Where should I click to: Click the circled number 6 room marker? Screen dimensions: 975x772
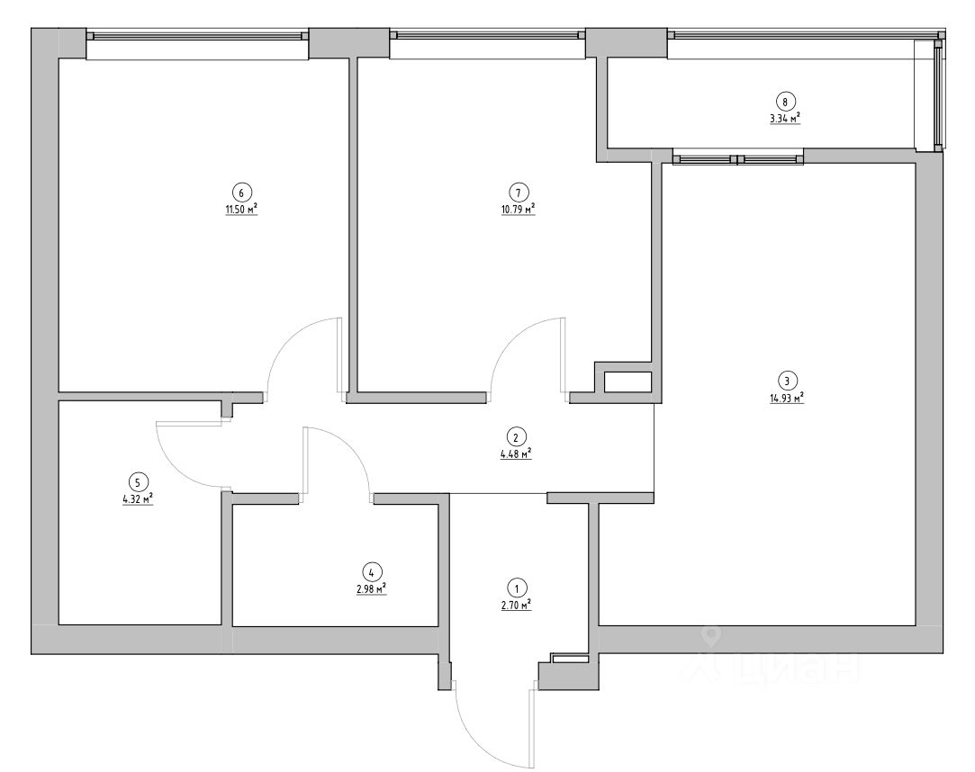240,191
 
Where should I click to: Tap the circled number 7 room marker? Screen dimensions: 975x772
518,191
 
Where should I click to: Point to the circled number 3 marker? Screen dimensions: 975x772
786,379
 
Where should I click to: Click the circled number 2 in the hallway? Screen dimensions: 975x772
515,438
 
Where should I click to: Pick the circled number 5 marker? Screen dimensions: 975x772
138,480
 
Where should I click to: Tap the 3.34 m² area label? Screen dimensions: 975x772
786,118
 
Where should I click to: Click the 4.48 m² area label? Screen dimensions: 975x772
516,455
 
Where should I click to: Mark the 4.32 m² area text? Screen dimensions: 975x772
138,498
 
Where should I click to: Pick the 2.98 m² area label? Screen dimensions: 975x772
371,588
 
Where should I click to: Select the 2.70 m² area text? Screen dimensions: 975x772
516,606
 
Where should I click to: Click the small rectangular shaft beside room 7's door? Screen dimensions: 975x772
627,382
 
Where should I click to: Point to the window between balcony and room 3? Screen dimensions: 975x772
737,160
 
